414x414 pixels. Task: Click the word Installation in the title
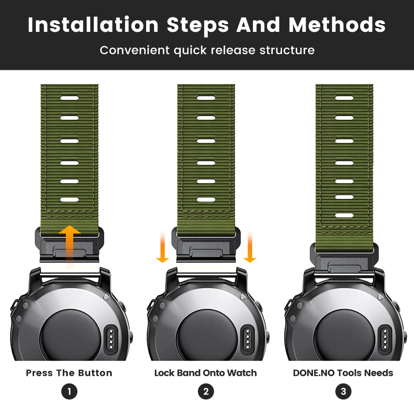[x=93, y=25]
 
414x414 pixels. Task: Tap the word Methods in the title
[x=337, y=25]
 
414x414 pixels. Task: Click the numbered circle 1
[x=69, y=391]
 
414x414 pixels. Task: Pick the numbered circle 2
[x=206, y=391]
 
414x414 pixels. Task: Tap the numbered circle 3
[x=343, y=391]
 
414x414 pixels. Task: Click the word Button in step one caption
[x=95, y=373]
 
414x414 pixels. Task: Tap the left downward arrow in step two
[x=162, y=247]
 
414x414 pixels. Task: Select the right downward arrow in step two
[x=250, y=247]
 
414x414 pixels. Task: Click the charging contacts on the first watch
[x=111, y=339]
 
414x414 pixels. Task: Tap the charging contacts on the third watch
[x=385, y=339]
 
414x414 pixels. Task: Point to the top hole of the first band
[x=70, y=98]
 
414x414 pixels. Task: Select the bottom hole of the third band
[x=344, y=215]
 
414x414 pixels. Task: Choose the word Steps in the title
[x=197, y=25]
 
